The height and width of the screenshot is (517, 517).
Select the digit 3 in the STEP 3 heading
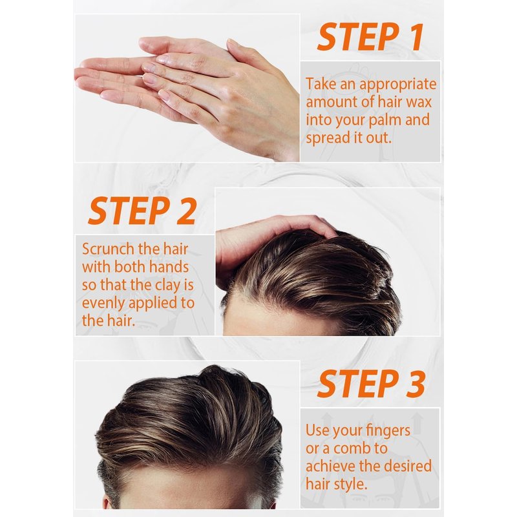click(x=416, y=383)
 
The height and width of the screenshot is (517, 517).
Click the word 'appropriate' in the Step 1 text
click(x=398, y=85)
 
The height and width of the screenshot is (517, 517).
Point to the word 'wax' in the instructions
click(x=419, y=102)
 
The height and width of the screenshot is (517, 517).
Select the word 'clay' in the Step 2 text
click(x=167, y=286)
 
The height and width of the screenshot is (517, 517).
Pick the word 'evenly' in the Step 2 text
click(x=103, y=303)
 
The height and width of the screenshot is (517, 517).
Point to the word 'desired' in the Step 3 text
click(x=408, y=466)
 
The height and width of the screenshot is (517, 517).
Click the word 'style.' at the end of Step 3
click(x=350, y=484)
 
